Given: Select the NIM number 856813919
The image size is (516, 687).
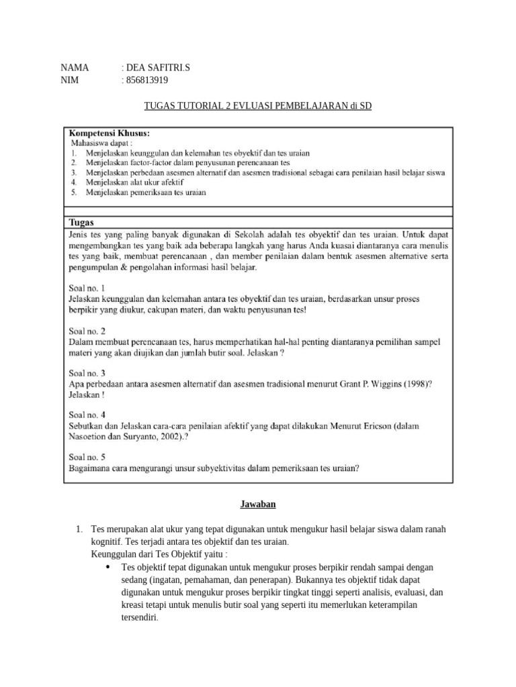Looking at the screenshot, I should (145, 81).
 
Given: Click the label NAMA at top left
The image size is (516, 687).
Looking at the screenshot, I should (75, 68).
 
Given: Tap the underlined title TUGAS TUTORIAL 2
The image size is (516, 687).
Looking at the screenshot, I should (258, 106).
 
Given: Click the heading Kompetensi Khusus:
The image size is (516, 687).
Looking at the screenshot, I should (110, 132).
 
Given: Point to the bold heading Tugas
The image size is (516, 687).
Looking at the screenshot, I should (82, 222).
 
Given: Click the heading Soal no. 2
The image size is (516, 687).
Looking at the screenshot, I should (87, 331).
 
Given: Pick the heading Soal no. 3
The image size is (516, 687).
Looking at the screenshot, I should (87, 372).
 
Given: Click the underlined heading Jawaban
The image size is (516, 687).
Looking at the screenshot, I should (259, 504).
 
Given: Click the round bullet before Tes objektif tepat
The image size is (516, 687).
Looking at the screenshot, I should (108, 567).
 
